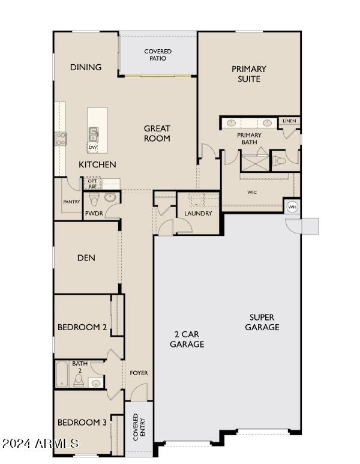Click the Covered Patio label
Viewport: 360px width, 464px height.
158,55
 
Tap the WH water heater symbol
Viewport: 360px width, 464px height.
292,206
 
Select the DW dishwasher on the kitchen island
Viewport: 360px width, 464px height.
92,147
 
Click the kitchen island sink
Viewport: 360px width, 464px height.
94,134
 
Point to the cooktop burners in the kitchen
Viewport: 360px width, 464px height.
61,139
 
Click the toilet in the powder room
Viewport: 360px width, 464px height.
94,199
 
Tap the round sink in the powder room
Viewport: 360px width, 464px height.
110,197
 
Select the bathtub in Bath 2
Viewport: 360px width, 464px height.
62,374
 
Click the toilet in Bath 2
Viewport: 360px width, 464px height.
79,381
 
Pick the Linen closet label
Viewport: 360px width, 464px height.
289,121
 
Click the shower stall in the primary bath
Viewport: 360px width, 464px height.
255,163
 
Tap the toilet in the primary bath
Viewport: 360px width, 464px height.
278,161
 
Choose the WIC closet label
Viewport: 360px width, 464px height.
252,192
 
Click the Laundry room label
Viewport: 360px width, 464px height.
198,213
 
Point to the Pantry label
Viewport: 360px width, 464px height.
71,202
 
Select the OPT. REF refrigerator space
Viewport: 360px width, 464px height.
92,184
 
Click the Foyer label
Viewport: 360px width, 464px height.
139,373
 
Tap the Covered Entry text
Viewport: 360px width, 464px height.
139,427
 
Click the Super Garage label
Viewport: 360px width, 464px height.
262,322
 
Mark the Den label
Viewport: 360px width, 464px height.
86,258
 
